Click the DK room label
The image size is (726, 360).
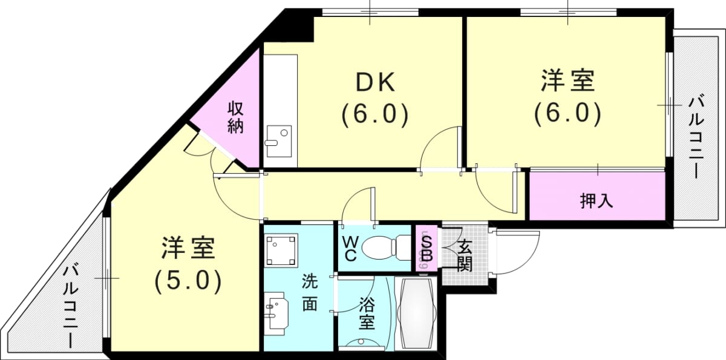point(375,82)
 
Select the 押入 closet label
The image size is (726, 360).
point(597,201)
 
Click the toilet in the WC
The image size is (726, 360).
point(387,247)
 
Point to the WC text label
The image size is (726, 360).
point(350,249)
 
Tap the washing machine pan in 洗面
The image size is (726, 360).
point(281,250)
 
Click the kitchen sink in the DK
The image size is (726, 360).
point(279,142)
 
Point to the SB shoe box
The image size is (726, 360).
point(427,249)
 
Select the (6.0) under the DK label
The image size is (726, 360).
point(375,114)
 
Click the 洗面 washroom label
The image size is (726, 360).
point(310,292)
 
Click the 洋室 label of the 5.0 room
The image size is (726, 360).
point(188,248)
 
